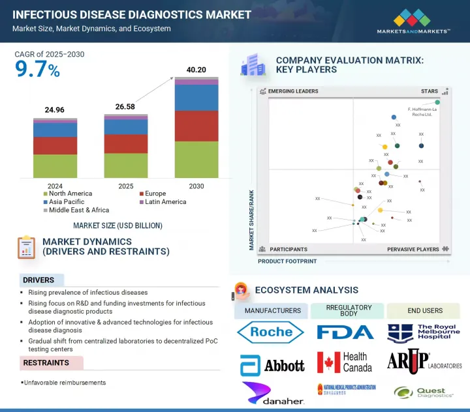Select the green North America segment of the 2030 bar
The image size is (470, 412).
tap(196, 160)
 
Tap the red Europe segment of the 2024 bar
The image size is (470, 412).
tap(55, 145)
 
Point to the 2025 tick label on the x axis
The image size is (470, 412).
tap(126, 186)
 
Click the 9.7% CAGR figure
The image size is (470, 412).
tap(37, 70)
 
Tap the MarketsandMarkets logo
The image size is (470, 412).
tap(413, 22)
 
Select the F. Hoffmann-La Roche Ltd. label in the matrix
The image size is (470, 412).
tap(420, 112)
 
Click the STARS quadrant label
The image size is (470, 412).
tap(428, 91)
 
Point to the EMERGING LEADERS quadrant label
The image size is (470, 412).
tap(293, 91)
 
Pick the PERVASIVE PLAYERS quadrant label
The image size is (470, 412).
tap(413, 249)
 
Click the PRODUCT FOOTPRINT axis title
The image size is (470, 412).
tap(287, 261)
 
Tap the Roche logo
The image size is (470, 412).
tap(271, 332)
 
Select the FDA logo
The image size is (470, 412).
tap(345, 332)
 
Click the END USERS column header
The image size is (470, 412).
tap(423, 311)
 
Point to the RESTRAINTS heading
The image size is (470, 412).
tap(46, 362)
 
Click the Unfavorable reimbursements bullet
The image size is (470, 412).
tap(65, 383)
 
